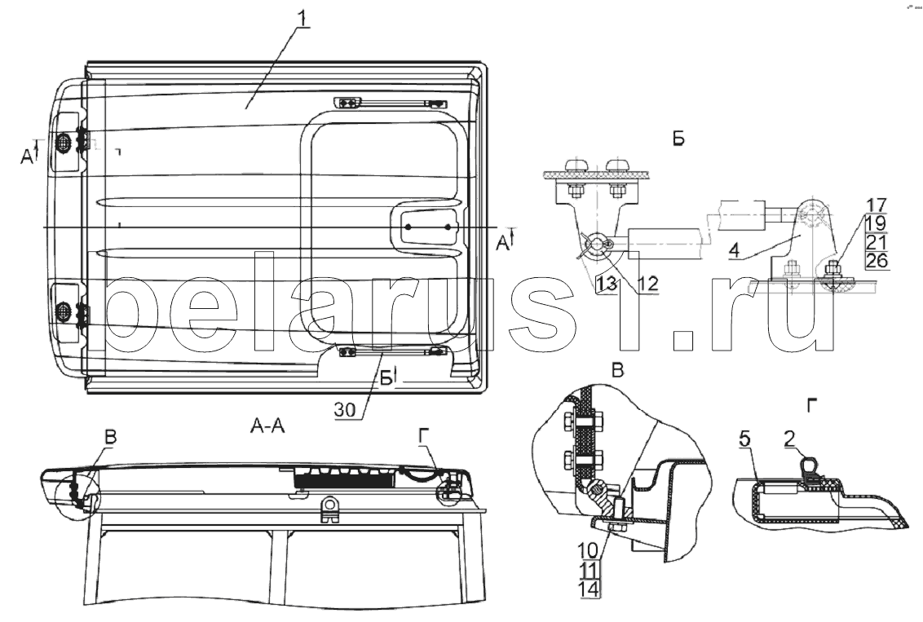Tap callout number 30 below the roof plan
tap(346, 409)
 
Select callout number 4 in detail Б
tap(733, 252)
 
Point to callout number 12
tap(647, 284)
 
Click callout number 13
tap(607, 284)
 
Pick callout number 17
tap(876, 206)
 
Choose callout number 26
tap(877, 260)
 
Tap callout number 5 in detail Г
tap(744, 439)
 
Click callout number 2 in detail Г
tap(788, 438)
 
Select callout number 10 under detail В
tap(590, 551)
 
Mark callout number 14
tap(590, 589)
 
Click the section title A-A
tap(267, 426)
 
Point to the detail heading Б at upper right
tap(678, 139)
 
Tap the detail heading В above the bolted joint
tap(618, 370)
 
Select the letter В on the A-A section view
tap(111, 438)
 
